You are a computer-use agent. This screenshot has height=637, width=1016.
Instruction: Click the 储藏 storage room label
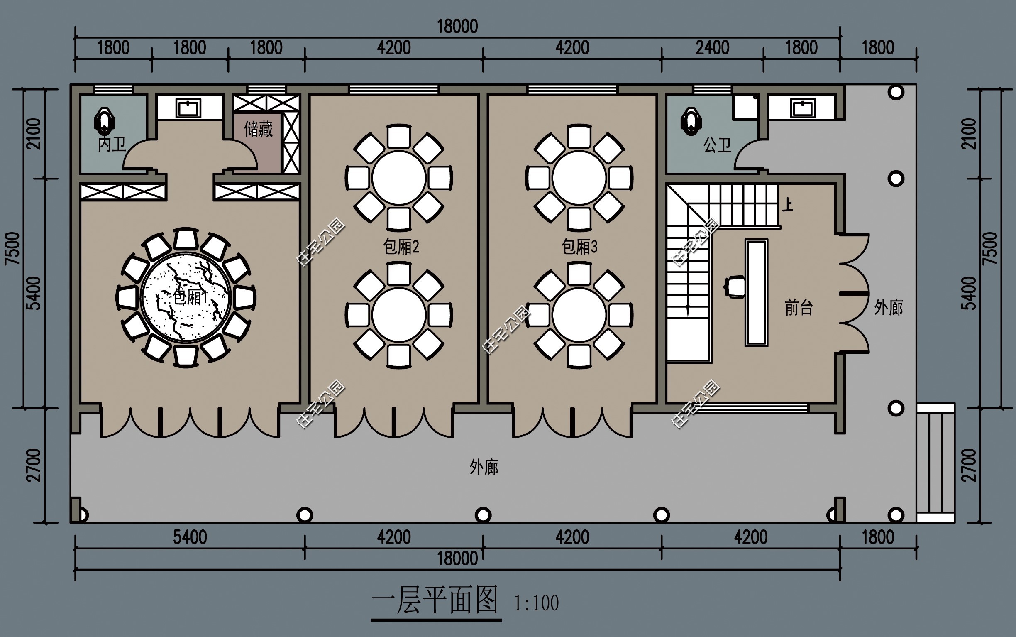click(259, 129)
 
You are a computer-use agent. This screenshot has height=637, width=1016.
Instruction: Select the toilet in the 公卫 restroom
click(691, 120)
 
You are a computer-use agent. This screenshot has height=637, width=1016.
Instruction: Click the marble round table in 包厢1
click(186, 297)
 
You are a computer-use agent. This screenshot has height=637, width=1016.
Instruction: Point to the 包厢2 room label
click(401, 247)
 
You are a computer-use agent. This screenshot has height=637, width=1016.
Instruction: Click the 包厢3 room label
click(579, 247)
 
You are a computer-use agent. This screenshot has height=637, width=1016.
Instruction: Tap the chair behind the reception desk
click(735, 287)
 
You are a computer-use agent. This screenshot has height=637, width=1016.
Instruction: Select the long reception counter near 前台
click(756, 293)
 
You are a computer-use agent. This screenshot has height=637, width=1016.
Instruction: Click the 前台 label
click(799, 308)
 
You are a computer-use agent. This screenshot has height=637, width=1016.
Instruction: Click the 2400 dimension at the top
click(712, 48)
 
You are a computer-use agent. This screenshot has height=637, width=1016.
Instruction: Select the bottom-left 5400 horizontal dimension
click(190, 537)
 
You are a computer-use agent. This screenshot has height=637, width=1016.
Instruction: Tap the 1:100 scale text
click(536, 603)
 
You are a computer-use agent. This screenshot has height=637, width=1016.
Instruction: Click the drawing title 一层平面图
click(435, 600)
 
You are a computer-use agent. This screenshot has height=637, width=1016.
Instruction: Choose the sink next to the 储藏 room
click(188, 108)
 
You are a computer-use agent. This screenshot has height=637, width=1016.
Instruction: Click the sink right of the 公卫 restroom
click(803, 108)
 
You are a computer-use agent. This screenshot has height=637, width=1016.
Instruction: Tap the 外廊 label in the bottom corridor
click(484, 467)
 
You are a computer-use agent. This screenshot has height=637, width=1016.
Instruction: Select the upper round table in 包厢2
click(399, 178)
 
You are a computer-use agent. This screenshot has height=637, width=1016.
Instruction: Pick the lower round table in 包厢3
click(579, 315)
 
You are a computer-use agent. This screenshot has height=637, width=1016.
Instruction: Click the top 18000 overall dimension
click(457, 27)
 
